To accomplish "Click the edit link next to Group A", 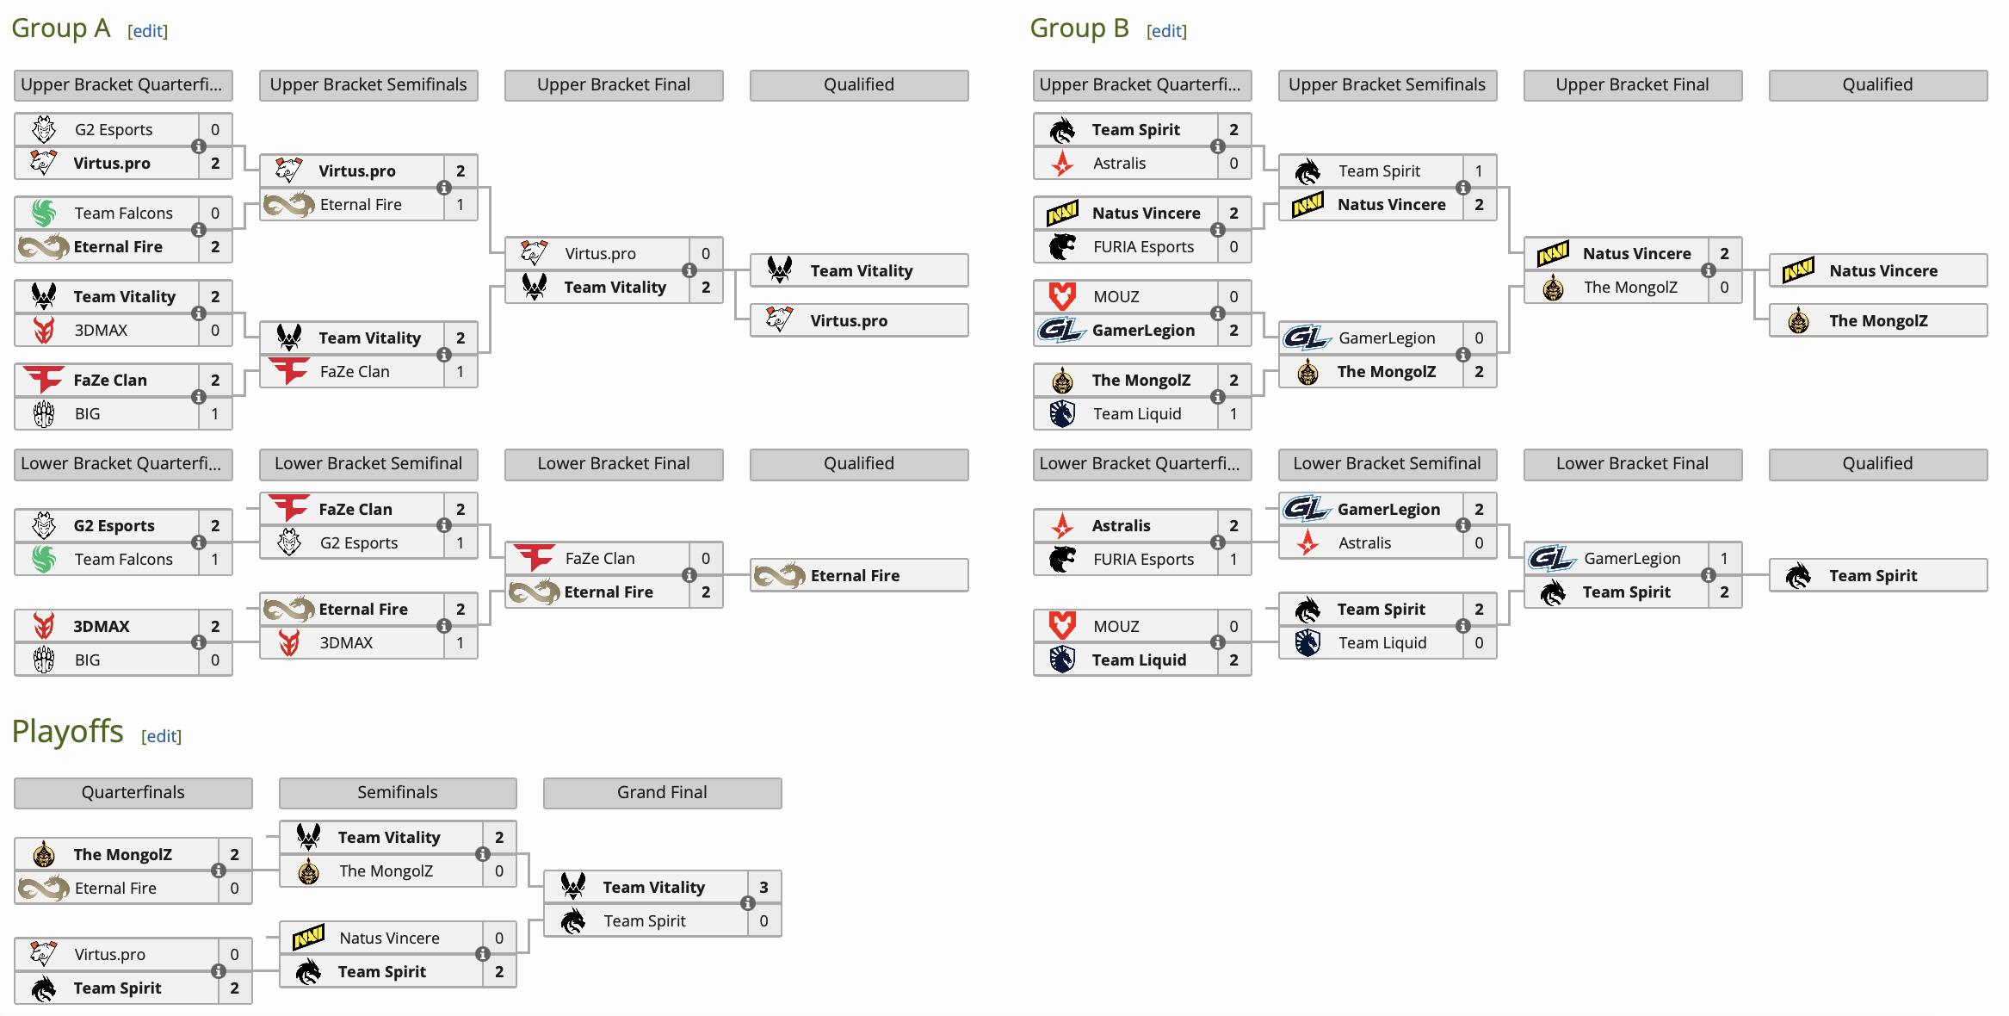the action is point(147,31).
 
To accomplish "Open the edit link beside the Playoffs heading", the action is point(161,736).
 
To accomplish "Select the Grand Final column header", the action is point(662,793).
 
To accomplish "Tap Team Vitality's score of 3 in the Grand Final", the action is point(763,887).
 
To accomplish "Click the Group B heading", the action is point(1079,28).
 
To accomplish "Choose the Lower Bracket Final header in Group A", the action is point(614,464).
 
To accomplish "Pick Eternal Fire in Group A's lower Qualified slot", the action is point(855,575).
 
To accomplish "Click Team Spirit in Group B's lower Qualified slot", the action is point(1873,575).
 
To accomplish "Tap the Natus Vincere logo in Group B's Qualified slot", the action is point(1798,270).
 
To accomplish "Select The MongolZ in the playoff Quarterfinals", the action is point(122,854).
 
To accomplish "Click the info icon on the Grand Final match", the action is point(748,903).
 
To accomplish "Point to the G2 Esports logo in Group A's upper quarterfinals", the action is point(44,129).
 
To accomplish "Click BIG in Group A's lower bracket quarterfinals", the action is point(87,660).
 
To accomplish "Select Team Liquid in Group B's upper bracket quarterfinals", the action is point(1137,413).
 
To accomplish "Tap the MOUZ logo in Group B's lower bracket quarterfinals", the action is point(1062,626).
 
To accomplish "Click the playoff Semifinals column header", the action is point(398,793).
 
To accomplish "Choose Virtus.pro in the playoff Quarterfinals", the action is point(109,954).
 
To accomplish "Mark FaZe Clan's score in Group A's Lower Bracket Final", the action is point(706,558).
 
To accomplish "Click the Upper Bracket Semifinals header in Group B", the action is point(1388,85).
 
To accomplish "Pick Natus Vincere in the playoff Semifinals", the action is point(389,938).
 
